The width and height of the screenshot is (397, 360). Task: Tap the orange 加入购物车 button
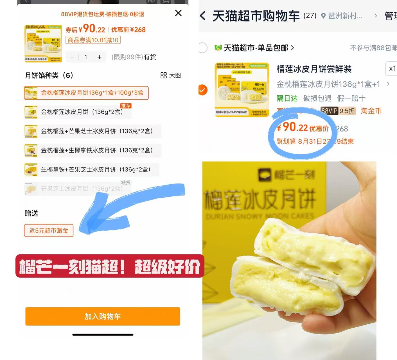(x=103, y=316)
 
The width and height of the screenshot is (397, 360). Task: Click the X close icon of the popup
(x=178, y=13)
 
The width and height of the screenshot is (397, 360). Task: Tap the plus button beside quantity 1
(x=99, y=57)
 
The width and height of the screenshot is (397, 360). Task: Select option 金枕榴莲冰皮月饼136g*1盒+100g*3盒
(x=86, y=93)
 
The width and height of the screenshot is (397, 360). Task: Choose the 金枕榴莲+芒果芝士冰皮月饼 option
(x=93, y=131)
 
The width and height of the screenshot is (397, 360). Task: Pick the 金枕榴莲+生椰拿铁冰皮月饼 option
(x=93, y=150)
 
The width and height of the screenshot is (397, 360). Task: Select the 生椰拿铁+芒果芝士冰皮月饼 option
(x=91, y=169)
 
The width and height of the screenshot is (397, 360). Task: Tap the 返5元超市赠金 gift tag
(x=49, y=231)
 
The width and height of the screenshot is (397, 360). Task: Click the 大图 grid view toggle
(x=171, y=75)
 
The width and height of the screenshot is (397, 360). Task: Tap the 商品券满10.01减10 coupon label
(x=93, y=40)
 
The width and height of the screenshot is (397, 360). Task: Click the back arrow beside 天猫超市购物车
(x=202, y=16)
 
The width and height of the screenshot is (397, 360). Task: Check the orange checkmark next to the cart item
(x=202, y=90)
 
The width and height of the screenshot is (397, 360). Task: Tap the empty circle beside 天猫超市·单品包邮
(x=202, y=48)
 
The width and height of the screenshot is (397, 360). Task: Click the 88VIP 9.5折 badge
(x=338, y=111)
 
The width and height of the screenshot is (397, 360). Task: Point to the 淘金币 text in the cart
(x=371, y=111)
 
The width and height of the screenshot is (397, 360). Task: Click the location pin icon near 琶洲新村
(x=323, y=16)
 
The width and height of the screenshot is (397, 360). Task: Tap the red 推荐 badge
(x=126, y=106)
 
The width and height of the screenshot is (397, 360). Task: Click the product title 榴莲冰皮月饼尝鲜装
(x=314, y=69)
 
